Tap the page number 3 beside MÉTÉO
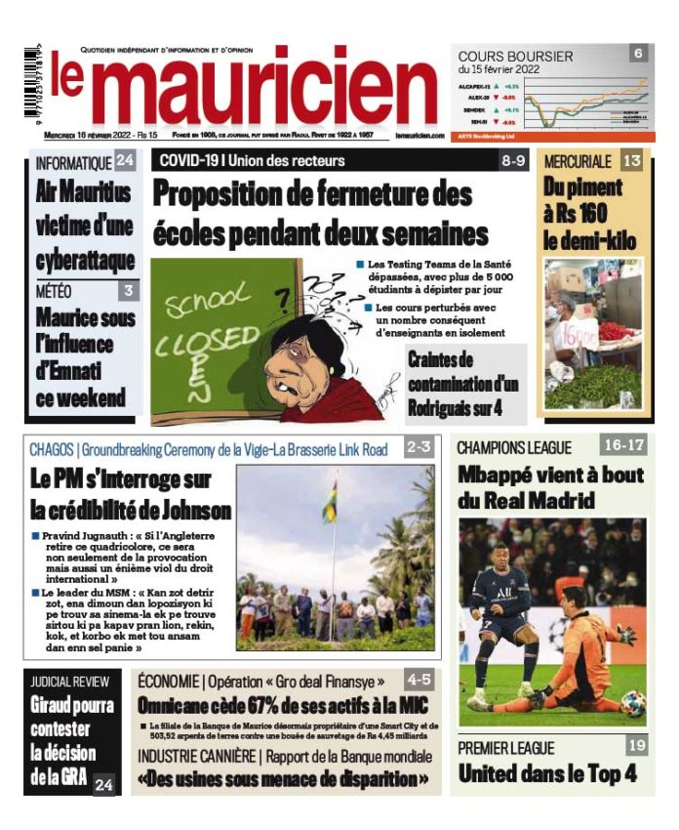point(129,290)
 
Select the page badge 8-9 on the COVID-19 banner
point(514,159)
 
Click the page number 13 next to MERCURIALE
point(632,160)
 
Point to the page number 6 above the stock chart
point(638,54)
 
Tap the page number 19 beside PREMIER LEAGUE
point(636,746)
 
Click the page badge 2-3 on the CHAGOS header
point(419,448)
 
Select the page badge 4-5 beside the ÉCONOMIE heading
point(419,680)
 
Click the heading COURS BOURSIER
point(515,57)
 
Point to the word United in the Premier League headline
point(498,774)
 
